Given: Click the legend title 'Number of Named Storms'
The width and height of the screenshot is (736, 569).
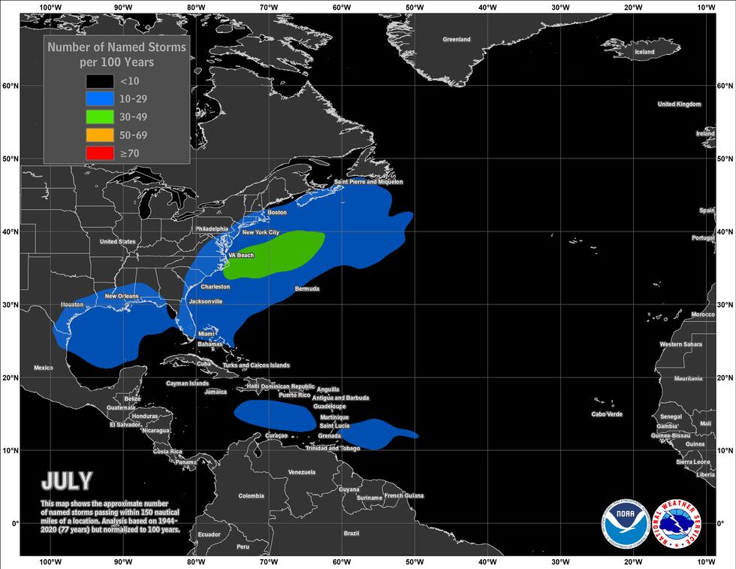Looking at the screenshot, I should click(x=116, y=47).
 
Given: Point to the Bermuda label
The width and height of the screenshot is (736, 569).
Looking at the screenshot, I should click(x=307, y=289).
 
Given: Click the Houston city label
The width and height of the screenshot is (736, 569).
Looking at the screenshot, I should click(x=71, y=304).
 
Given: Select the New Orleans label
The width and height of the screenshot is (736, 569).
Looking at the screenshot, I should click(x=122, y=296).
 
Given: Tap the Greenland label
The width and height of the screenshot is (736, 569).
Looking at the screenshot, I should click(x=456, y=39).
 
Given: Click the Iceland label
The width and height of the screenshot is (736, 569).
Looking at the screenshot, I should click(x=644, y=52).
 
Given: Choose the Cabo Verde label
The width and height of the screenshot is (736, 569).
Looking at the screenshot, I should click(x=607, y=414).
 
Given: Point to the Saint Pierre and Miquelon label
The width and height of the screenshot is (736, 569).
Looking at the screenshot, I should click(x=368, y=182).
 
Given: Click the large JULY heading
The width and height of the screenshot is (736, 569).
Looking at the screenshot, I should click(x=67, y=481).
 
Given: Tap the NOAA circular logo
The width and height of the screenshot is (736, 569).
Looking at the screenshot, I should click(x=624, y=522).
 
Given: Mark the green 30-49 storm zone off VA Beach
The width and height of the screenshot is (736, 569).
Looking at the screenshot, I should click(x=274, y=253).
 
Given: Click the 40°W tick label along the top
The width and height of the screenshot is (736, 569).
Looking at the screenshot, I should click(x=487, y=8).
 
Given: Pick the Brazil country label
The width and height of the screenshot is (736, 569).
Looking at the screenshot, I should click(x=351, y=533).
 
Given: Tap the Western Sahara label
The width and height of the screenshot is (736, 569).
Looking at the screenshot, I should click(x=680, y=344).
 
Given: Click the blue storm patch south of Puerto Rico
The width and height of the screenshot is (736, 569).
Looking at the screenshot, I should click(x=274, y=415).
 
